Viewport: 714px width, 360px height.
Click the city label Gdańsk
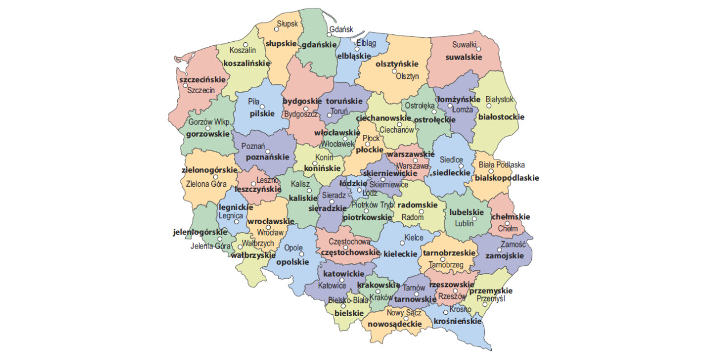(x=342, y=30)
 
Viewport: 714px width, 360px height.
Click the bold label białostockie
(x=500, y=117)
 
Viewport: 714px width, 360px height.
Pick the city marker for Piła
(x=263, y=106)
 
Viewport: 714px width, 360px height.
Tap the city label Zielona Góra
(x=207, y=184)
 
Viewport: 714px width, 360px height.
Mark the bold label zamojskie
(x=504, y=255)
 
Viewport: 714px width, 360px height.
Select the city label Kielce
(x=414, y=237)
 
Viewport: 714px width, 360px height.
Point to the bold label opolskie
(x=292, y=262)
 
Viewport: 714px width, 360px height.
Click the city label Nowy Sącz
(x=404, y=312)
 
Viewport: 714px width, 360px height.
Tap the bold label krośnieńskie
(x=457, y=321)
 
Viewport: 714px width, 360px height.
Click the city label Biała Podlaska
(x=502, y=165)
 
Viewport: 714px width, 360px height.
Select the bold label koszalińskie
(x=246, y=63)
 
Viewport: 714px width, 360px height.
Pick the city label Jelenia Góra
(x=210, y=246)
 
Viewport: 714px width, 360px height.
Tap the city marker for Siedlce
(x=461, y=166)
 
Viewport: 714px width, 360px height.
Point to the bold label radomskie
(x=417, y=205)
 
